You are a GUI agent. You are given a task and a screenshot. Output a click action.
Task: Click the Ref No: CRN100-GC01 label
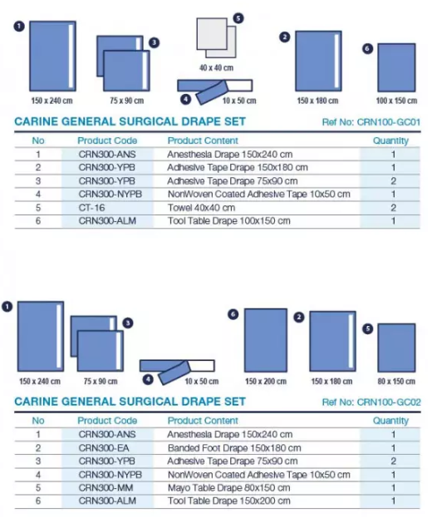371,122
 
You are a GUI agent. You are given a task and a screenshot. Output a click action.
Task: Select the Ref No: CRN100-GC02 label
371,402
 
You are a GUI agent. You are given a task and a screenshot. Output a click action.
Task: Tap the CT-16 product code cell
91,208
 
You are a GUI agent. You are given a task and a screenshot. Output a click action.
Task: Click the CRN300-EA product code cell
104,448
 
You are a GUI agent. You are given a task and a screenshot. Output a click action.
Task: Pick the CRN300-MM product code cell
106,488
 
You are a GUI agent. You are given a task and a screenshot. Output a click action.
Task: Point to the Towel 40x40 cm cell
201,208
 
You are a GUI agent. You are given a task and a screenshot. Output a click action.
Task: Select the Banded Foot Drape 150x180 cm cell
234,448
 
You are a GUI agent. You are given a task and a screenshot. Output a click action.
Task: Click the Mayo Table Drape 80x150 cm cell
228,488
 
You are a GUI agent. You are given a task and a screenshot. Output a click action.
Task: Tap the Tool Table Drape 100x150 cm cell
228,221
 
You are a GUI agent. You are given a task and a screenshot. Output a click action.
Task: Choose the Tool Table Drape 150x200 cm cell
228,501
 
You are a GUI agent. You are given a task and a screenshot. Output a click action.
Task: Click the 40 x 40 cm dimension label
216,68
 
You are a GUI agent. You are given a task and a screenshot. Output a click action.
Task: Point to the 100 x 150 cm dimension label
396,101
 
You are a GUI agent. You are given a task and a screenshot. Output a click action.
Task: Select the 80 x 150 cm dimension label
396,382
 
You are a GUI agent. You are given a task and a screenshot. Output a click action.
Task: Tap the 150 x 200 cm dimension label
266,382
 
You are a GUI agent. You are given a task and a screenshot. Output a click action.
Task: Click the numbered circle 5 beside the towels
238,18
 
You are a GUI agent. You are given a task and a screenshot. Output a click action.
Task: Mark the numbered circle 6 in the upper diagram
367,49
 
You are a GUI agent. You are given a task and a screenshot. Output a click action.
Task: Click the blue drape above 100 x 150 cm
396,67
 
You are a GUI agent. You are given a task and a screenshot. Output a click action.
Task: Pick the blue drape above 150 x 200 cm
266,340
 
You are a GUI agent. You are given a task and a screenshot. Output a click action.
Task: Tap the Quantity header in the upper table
390,141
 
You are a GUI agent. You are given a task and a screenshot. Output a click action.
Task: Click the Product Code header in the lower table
107,421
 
